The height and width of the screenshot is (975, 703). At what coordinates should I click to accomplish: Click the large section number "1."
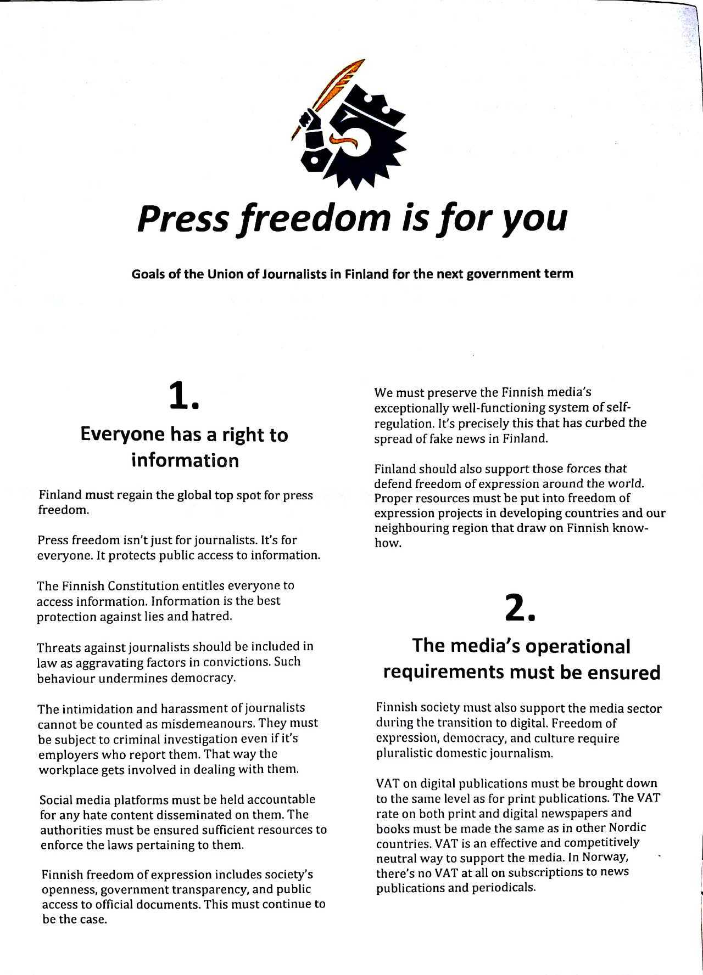tap(183, 396)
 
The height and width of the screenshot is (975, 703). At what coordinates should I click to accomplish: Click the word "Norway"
tap(605, 857)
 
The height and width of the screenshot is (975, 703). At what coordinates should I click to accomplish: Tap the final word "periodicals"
tap(502, 887)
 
